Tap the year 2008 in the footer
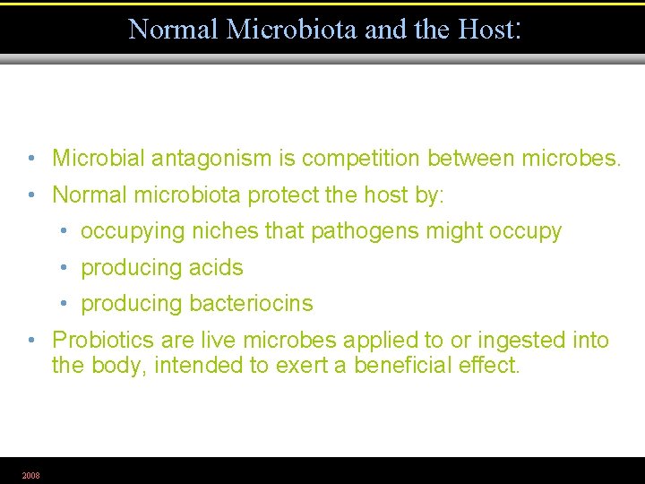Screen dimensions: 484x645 pyautogui.click(x=30, y=475)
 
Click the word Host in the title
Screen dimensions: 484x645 pyautogui.click(x=484, y=30)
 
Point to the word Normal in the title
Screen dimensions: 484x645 pyautogui.click(x=173, y=30)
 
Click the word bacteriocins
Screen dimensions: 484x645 pyautogui.click(x=251, y=304)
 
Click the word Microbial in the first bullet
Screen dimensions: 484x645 pyautogui.click(x=99, y=159)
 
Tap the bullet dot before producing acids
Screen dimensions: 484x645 pyautogui.click(x=64, y=268)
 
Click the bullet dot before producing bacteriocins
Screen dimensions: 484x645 pyautogui.click(x=64, y=305)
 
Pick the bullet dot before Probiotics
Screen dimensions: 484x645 pyautogui.click(x=31, y=341)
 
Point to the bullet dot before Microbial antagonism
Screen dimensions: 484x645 pyautogui.click(x=31, y=160)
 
